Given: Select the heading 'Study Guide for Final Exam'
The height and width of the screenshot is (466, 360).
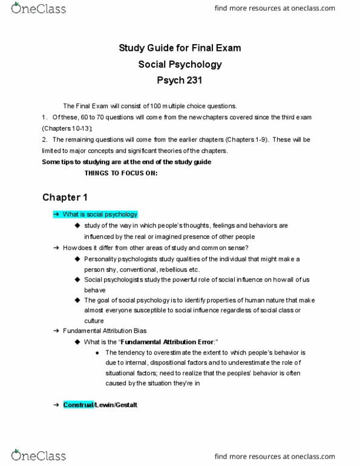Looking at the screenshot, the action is coord(180,48).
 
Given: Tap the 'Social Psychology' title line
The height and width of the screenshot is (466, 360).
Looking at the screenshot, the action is coord(180,64).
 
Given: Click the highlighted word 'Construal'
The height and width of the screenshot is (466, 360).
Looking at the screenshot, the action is coord(78,405).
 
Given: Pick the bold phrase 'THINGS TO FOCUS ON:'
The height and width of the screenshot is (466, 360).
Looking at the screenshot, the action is coord(121,173).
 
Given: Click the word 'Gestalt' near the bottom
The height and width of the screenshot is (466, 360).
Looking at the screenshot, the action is coord(127,405).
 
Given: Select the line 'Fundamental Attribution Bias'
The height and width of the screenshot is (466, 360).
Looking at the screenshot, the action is coord(100,331).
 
